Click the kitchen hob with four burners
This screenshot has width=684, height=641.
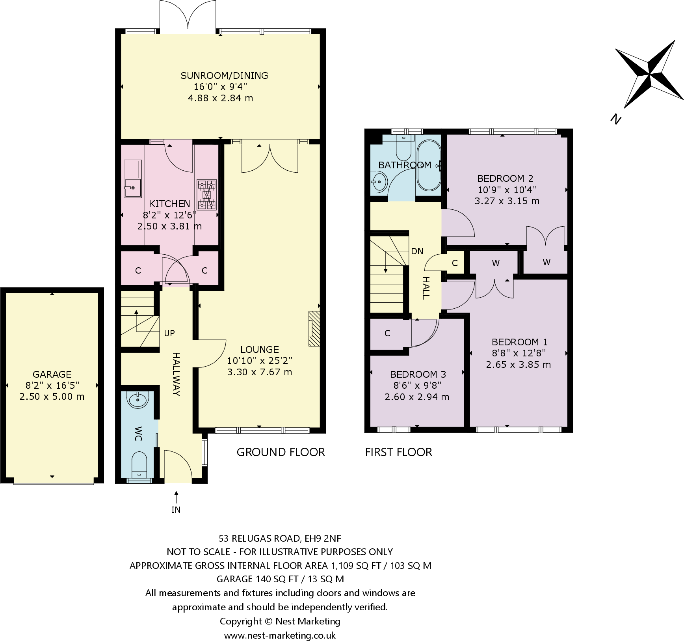[207, 194]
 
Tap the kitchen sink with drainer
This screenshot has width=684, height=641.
[132, 179]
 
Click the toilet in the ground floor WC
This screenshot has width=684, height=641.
[138, 465]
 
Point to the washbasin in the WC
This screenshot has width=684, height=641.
[138, 400]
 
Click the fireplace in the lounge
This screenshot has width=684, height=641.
[314, 328]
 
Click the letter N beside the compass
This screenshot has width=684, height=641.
[615, 118]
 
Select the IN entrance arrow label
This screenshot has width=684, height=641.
[176, 510]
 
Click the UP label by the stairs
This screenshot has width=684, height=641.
[169, 333]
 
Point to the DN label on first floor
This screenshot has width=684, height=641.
[417, 251]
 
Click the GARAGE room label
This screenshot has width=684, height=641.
[52, 374]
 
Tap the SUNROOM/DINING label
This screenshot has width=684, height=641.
[224, 75]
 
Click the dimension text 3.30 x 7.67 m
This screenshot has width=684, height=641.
[260, 372]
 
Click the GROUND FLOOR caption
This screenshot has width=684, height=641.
[281, 452]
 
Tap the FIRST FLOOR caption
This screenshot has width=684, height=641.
[398, 452]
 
